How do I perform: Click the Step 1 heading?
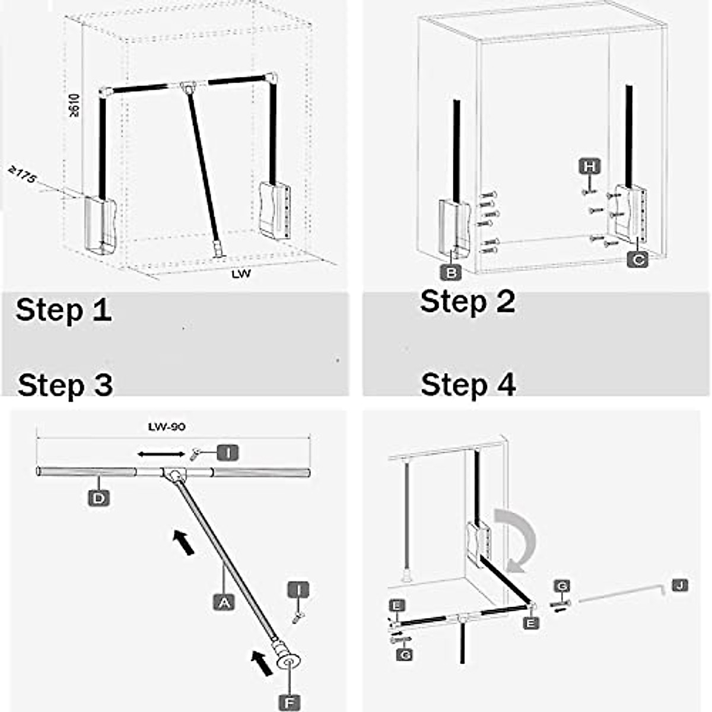click(x=63, y=310)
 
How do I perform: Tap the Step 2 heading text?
click(x=468, y=301)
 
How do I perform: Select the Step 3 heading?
click(x=65, y=385)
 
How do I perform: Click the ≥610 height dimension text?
click(x=75, y=106)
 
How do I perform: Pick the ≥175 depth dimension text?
click(x=22, y=176)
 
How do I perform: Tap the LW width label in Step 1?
click(x=241, y=274)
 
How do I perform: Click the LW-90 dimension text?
click(x=167, y=426)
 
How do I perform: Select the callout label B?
click(x=451, y=272)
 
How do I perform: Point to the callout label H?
click(x=589, y=167)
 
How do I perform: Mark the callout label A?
click(x=224, y=602)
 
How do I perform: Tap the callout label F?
click(x=289, y=702)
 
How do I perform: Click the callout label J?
click(x=681, y=586)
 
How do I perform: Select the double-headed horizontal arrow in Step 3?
click(x=161, y=454)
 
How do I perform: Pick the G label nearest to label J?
click(x=562, y=586)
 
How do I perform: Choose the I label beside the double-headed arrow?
click(x=227, y=453)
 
